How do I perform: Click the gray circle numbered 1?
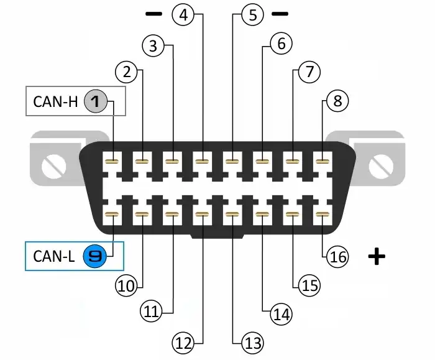pyautogui.click(x=96, y=101)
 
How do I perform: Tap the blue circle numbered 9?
pyautogui.click(x=96, y=256)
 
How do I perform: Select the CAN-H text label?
pyautogui.click(x=55, y=101)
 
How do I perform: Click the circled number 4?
pyautogui.click(x=183, y=14)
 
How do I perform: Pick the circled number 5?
pyautogui.click(x=252, y=14)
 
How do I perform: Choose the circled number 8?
pyautogui.click(x=337, y=101)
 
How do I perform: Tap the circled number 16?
pyautogui.click(x=337, y=256)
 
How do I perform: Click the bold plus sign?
pyautogui.click(x=376, y=256)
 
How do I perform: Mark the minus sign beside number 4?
pyautogui.click(x=153, y=13)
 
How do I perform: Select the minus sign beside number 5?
pyautogui.click(x=281, y=13)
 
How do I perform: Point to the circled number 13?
pyautogui.click(x=252, y=342)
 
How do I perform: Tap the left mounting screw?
pyautogui.click(x=50, y=165)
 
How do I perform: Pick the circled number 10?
pyautogui.click(x=126, y=285)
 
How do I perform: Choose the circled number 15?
pyautogui.click(x=309, y=285)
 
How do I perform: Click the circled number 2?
pyautogui.click(x=127, y=72)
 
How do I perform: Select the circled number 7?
pyautogui.click(x=309, y=72)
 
